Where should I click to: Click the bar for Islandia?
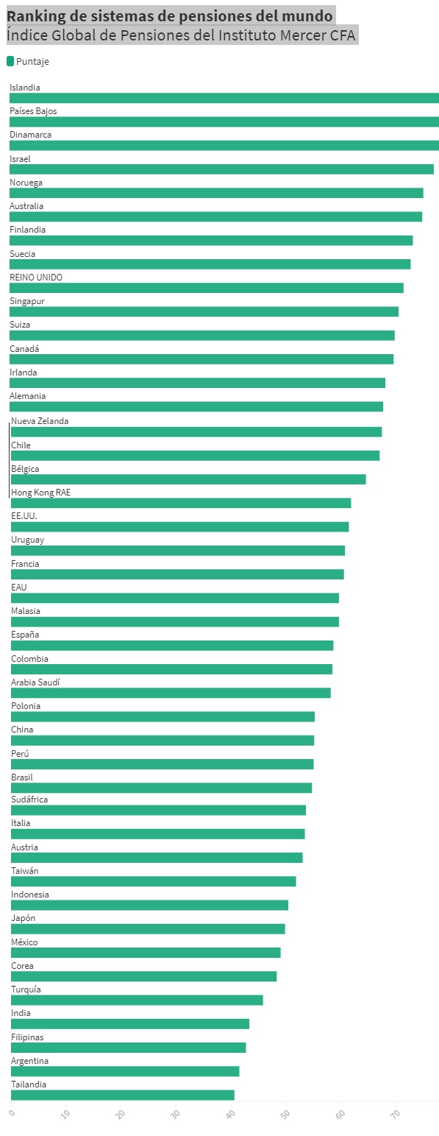[224, 98]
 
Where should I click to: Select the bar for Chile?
[196, 456]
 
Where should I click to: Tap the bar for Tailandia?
[123, 1095]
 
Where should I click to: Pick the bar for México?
[146, 953]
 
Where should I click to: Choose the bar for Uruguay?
[178, 550]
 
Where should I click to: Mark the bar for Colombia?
[171, 669]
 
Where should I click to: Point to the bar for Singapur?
[204, 311]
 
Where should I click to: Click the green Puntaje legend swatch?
[10, 61]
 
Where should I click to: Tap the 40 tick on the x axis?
[230, 1114]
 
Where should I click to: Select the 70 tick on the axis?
[396, 1114]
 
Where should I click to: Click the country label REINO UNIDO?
[36, 278]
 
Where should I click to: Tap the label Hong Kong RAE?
[40, 493]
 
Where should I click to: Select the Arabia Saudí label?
[35, 682]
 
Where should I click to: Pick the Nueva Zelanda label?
[40, 421]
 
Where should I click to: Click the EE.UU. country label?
[24, 516]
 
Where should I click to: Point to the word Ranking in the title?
[37, 17]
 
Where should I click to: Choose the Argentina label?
[30, 1061]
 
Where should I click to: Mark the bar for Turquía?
[137, 1000]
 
